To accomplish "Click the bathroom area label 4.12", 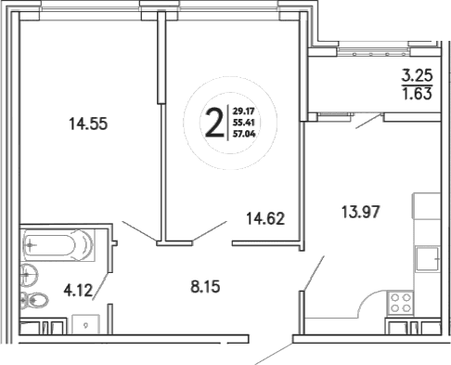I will pos(80,288).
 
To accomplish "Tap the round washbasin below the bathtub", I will pos(29,273).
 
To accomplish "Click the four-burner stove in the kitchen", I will pos(400,301).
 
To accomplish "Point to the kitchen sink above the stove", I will pos(429,256).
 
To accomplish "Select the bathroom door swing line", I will pos(103,289).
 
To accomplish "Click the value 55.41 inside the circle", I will pos(244,122).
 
